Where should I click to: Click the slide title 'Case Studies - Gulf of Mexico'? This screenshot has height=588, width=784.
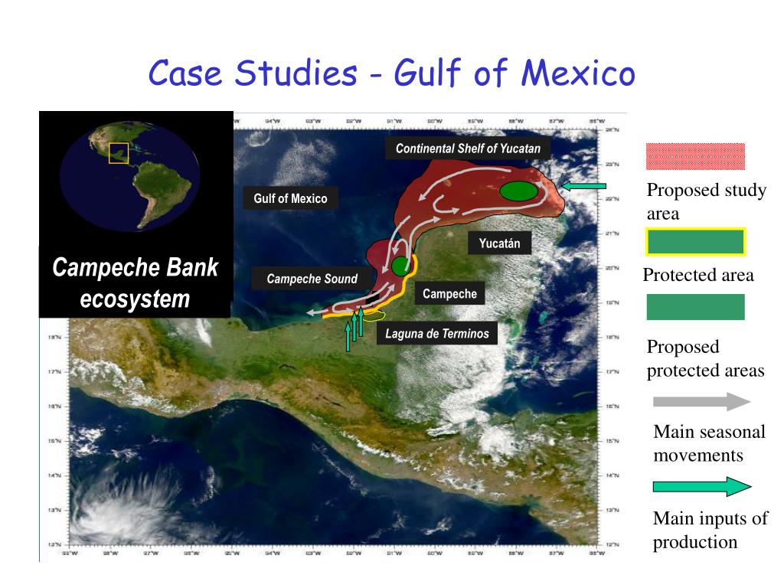coord(391,74)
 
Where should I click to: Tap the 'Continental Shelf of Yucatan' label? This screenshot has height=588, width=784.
coord(468,149)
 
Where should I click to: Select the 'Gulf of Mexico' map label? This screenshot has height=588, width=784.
coord(290,199)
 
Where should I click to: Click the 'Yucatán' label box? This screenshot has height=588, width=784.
coord(499,244)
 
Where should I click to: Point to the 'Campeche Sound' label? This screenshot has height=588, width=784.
coord(312,279)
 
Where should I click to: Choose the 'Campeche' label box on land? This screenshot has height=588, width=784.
coord(449,294)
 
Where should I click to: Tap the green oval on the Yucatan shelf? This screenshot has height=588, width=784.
coord(518,191)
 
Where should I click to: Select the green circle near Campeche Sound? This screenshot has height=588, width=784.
coord(400,266)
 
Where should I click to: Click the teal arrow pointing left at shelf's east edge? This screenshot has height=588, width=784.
coord(583,185)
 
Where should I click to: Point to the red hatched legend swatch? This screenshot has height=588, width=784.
coord(695,156)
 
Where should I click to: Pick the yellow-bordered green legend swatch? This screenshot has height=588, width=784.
coord(695,242)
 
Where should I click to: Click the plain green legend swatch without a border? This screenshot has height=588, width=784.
coord(695,307)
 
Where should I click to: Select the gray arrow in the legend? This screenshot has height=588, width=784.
coord(702,401)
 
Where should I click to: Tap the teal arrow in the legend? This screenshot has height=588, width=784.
coord(702,486)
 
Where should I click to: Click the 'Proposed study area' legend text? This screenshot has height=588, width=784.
coord(706,202)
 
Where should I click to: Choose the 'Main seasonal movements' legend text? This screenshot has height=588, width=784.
coord(708,443)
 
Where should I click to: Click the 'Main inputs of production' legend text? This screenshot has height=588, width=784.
coord(710,531)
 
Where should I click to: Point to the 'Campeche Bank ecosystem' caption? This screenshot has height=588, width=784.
coord(135,283)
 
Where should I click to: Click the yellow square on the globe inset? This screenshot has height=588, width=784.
coord(118,153)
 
